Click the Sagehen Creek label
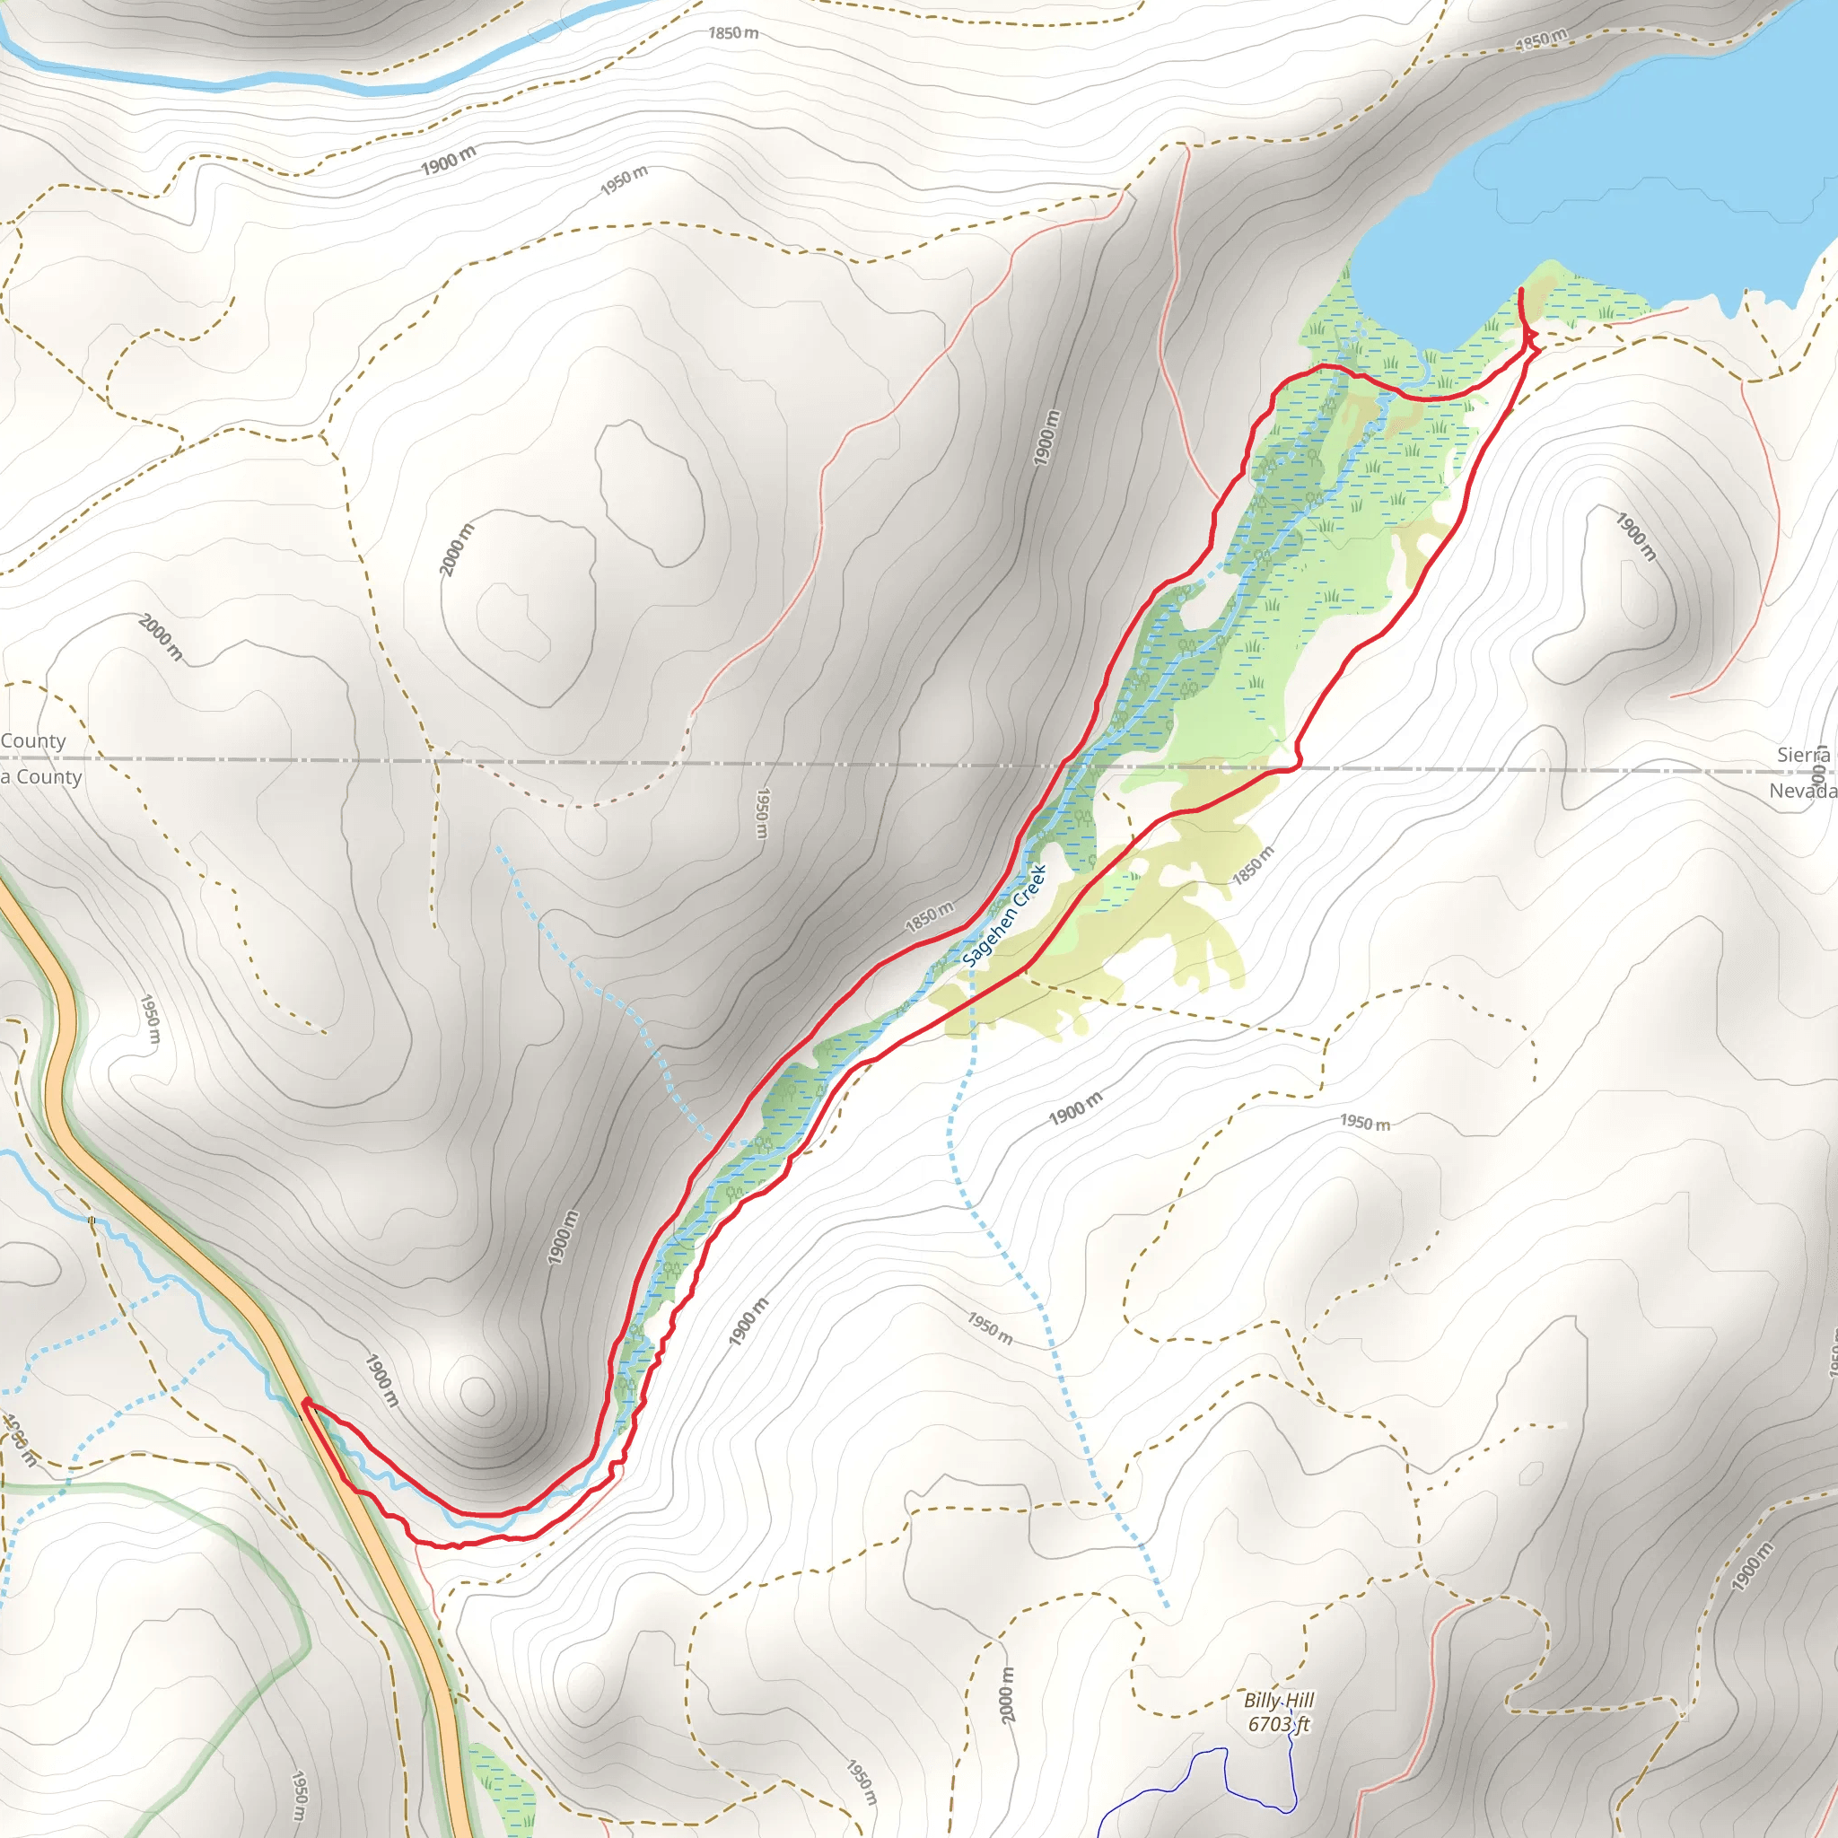[1004, 915]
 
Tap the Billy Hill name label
[1279, 1700]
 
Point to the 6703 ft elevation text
[1279, 1724]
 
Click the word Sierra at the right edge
[1803, 755]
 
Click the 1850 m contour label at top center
[733, 33]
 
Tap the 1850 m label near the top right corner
[1541, 40]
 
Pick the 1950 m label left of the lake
[624, 179]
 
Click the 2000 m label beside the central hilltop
[456, 549]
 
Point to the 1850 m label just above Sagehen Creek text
[929, 916]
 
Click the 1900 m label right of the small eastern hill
[1635, 536]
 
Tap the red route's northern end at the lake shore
[1520, 289]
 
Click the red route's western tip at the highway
[303, 1400]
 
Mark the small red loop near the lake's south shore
[1531, 339]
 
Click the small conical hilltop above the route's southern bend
[477, 1396]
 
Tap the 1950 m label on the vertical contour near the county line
[762, 812]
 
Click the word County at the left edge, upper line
[33, 741]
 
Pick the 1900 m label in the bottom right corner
[1753, 1566]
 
